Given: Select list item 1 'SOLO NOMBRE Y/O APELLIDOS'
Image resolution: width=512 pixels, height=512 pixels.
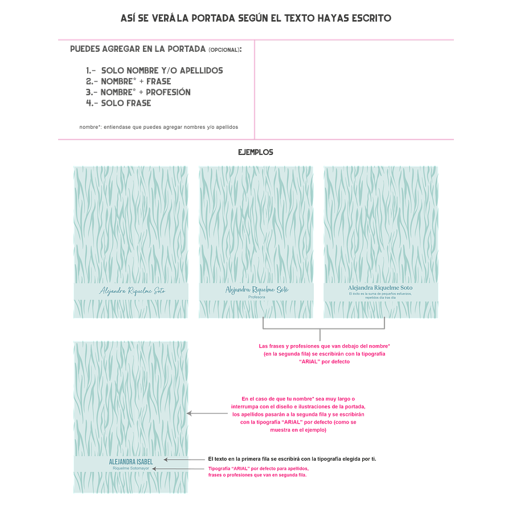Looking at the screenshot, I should click(154, 71).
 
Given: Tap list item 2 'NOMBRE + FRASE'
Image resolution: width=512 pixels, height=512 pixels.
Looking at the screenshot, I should click(128, 81).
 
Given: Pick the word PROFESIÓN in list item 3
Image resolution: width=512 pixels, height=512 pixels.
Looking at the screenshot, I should click(168, 92).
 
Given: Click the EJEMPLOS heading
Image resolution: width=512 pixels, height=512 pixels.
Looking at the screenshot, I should click(256, 152).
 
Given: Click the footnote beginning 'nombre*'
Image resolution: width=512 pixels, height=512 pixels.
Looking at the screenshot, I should click(159, 127).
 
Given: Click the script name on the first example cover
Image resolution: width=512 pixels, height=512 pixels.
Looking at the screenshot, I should click(132, 290).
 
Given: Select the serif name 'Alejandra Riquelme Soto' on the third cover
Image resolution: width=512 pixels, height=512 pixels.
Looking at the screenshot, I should click(380, 288).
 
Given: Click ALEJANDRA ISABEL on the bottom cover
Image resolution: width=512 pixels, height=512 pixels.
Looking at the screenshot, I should click(130, 461).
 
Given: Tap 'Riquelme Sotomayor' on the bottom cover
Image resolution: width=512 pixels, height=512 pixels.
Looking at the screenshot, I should click(130, 468).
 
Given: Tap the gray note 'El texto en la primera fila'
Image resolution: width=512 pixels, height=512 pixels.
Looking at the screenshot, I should click(292, 458).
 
